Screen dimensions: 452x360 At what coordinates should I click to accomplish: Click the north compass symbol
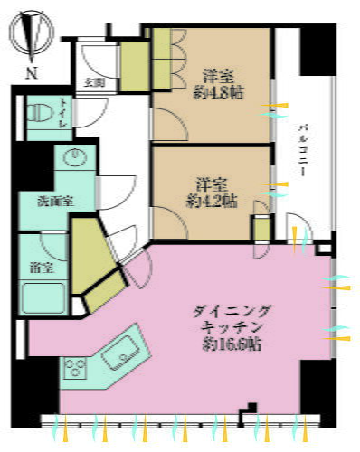[32, 36]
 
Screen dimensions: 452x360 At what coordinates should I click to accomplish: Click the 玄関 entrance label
[94, 82]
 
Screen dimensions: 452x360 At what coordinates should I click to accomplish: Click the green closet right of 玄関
[136, 65]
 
